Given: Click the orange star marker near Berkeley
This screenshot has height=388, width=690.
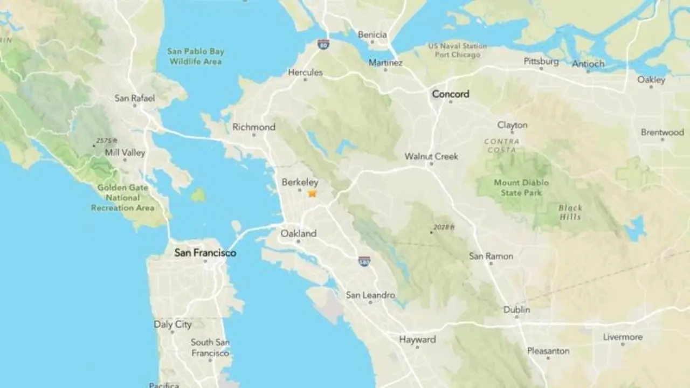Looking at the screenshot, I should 312,193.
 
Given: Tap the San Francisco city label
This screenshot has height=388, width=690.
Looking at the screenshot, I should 205,252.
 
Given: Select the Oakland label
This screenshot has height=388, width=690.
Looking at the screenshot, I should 298,234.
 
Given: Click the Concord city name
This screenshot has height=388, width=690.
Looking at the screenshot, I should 450,94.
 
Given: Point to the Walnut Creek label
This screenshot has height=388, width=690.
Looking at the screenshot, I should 431,156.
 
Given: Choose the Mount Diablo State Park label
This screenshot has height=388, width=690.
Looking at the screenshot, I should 521,188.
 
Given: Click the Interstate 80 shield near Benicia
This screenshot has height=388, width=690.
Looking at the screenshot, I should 323,44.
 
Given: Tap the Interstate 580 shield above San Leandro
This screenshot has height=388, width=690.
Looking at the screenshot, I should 364,261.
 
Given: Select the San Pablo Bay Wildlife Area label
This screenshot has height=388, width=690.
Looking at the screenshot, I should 195,56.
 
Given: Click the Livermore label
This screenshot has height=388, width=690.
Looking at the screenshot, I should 623,337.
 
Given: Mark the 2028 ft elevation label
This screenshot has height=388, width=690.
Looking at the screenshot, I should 444,227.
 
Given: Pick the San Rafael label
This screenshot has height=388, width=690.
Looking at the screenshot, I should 134,98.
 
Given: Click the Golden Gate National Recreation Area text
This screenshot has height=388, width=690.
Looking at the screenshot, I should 122,197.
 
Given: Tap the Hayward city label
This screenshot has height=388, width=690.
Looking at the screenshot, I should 417,339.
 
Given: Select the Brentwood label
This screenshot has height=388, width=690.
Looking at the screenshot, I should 662,132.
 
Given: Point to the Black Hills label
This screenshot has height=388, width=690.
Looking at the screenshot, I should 570,212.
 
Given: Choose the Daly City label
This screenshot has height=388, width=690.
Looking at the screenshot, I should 172,324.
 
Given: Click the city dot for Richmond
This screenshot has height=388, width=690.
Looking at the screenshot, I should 254,135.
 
